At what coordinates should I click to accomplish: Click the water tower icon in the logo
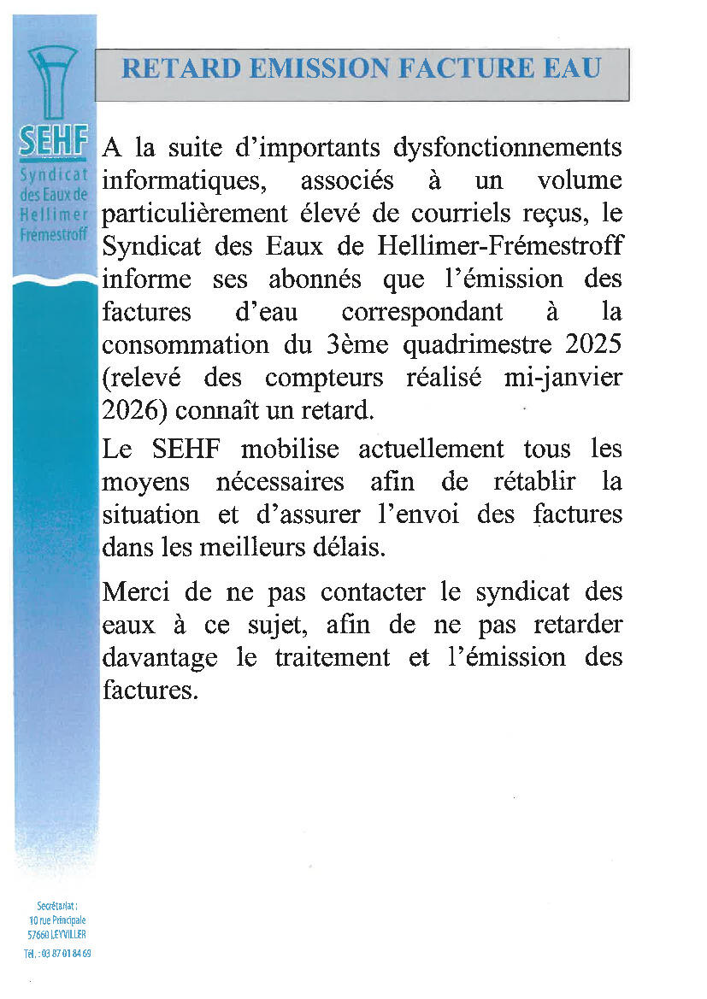(x=52, y=82)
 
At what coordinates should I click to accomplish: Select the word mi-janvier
(x=563, y=377)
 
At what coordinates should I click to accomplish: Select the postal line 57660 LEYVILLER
(x=56, y=934)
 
